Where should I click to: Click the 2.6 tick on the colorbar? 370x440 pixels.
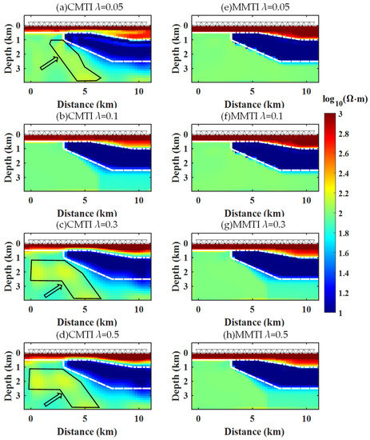(353, 157)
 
